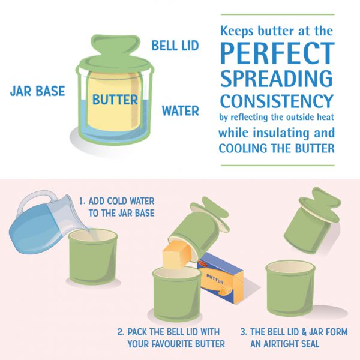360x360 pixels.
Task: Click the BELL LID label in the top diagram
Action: tap(175, 46)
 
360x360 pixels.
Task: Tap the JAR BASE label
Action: tap(37, 91)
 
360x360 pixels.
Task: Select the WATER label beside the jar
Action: tap(181, 110)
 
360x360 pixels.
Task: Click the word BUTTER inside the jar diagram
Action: tap(115, 100)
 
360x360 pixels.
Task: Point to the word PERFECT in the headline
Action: tap(277, 53)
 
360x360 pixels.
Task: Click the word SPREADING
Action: tap(277, 78)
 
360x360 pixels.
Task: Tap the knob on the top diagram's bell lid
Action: tap(115, 46)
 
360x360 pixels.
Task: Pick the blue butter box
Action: tap(220, 278)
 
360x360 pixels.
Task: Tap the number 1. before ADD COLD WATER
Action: tap(82, 201)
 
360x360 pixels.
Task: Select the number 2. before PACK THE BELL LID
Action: tap(121, 332)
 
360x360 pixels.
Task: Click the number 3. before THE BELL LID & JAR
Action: tap(244, 332)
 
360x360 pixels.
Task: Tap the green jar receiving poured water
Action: tap(94, 256)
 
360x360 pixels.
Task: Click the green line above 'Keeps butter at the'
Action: tap(278, 14)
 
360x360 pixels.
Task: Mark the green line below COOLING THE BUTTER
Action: tap(278, 166)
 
